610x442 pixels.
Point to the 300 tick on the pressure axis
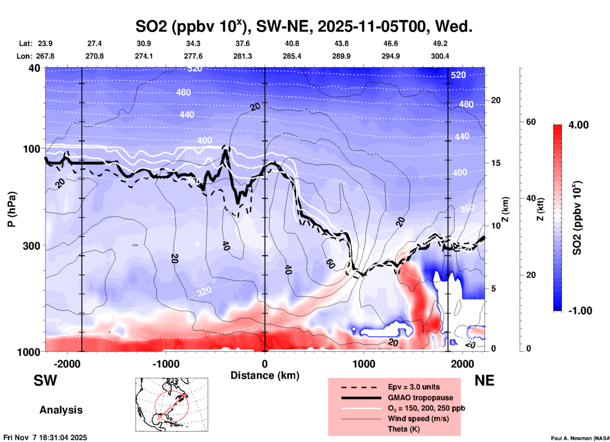coord(31,246)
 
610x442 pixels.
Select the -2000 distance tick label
coord(67,364)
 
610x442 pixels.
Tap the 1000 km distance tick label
coord(364,364)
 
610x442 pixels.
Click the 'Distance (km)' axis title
coord(265,375)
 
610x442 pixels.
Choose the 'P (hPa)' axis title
coord(12,209)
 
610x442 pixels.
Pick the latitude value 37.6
coord(243,43)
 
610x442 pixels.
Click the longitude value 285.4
coord(292,56)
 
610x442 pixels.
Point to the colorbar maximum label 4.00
coord(578,125)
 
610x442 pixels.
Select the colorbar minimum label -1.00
coord(580,311)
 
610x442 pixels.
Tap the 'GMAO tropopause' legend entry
coord(420,398)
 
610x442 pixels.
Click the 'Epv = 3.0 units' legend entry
coord(414,387)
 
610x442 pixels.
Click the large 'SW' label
coord(45,380)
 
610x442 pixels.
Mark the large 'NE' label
coord(484,380)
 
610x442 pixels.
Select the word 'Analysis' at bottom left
coord(61,410)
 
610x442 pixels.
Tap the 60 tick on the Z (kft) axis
coord(531,122)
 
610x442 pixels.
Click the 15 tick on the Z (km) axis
coord(496,163)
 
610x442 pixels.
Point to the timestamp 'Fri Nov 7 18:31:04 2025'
coord(45,438)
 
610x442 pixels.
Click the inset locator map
coord(172,405)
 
